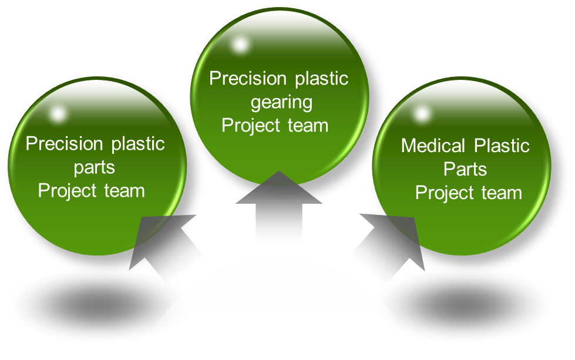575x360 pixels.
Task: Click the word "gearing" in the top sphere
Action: click(x=281, y=102)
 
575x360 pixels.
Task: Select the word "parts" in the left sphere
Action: click(x=95, y=167)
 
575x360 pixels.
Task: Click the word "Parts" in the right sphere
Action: click(x=465, y=169)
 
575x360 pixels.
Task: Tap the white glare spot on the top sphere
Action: click(x=240, y=44)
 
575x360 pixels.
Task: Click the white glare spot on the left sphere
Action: click(x=57, y=113)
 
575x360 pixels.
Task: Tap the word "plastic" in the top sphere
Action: click(x=321, y=79)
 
